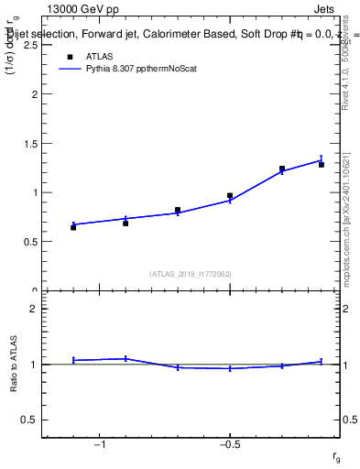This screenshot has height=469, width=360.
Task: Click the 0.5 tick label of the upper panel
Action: pyautogui.click(x=30, y=242)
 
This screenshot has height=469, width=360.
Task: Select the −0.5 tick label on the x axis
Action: pyautogui.click(x=228, y=445)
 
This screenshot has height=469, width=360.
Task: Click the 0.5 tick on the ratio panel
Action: pyautogui.click(x=30, y=420)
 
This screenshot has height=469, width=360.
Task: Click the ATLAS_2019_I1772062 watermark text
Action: pyautogui.click(x=191, y=273)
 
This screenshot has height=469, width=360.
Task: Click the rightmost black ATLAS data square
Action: pyautogui.click(x=322, y=164)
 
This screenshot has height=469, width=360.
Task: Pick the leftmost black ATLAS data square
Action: pyautogui.click(x=73, y=226)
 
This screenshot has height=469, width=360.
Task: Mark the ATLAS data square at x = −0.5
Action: pyautogui.click(x=230, y=195)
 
